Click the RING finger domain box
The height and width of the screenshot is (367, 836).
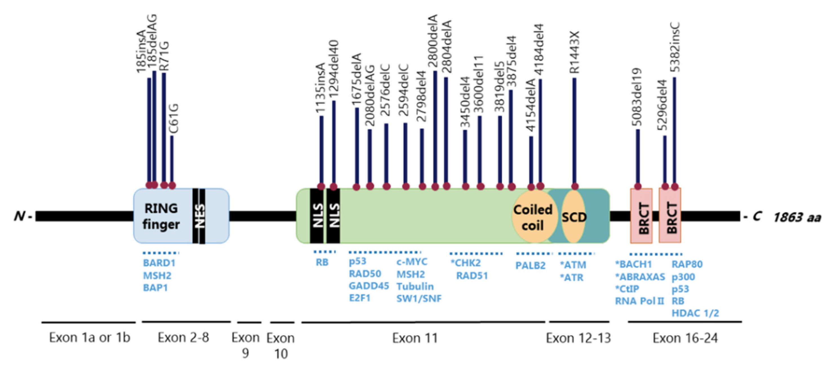161,216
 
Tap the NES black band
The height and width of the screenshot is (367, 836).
199,216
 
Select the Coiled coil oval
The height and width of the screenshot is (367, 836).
532,217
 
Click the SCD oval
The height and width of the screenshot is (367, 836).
574,217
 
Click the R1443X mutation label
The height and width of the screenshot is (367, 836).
574,53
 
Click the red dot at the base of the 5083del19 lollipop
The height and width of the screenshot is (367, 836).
638,186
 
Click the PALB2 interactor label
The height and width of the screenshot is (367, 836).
530,265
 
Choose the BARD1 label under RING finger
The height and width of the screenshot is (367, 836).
159,263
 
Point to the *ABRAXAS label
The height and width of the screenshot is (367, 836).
640,277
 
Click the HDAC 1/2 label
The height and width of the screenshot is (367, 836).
695,313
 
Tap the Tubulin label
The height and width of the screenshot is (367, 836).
415,287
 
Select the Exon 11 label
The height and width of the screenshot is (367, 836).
415,338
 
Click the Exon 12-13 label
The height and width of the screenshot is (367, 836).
578,338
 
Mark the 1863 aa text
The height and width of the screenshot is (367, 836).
797,217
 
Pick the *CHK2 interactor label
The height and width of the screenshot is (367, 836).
465,263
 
